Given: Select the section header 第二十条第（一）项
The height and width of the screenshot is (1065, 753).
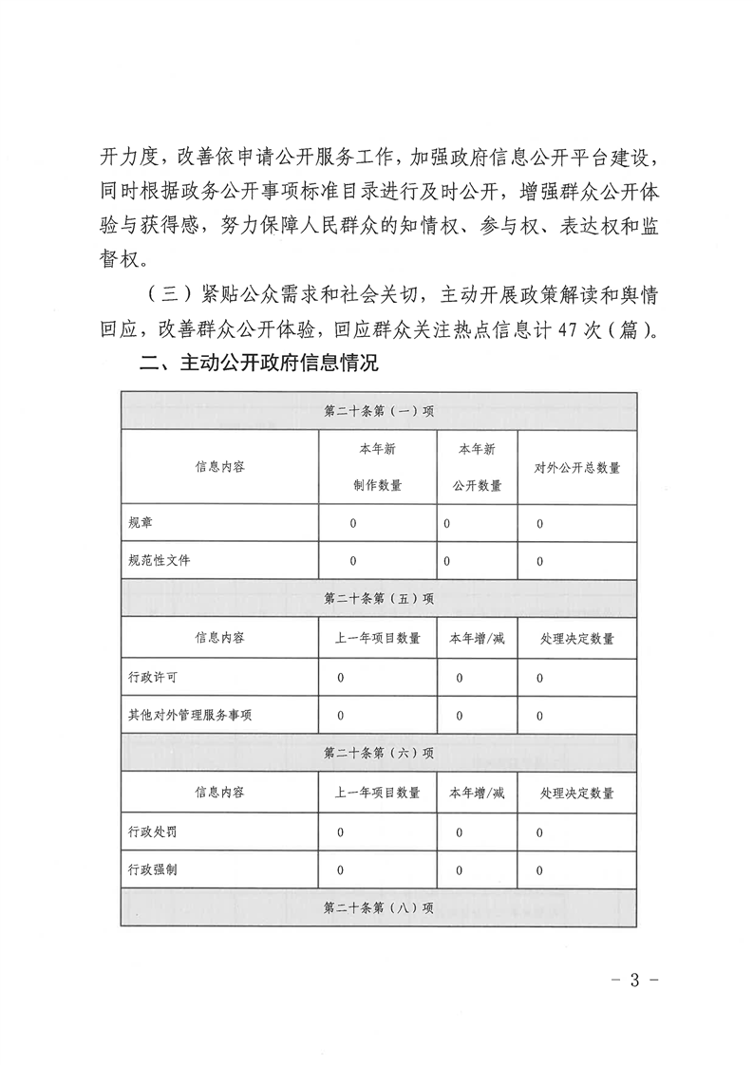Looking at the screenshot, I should tap(379, 412).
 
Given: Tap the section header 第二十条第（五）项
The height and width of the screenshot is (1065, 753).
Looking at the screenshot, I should tap(379, 599).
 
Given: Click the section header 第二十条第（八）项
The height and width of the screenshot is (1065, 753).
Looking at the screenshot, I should tap(379, 907).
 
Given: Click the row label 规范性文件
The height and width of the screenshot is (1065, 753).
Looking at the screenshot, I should tap(159, 560).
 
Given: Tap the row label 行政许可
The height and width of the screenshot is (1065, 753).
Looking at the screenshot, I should tap(152, 677).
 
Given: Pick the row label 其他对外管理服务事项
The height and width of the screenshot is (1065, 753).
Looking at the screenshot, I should tap(190, 715).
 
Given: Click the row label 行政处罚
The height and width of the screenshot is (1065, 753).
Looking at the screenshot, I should tap(152, 831).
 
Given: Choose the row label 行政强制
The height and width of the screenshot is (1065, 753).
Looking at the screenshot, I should tap(152, 869).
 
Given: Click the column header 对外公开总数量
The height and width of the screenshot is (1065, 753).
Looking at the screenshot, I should tap(577, 467).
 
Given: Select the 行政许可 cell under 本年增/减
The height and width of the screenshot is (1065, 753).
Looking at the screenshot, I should tap(459, 677).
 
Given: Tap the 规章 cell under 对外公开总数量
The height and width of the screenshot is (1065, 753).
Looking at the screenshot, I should tap(540, 523).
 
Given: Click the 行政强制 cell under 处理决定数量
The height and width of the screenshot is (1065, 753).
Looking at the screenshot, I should tap(540, 869).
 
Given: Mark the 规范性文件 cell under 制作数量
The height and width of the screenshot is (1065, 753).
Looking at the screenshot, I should tap(352, 560).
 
